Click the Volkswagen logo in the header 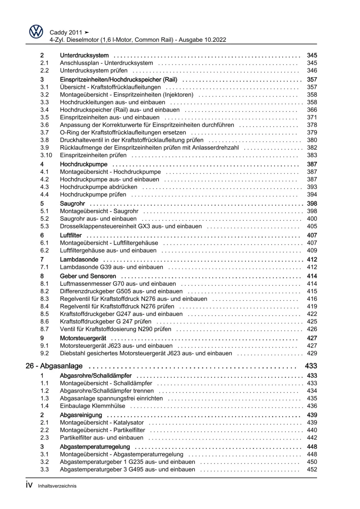(36, 32)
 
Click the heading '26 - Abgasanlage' (54, 366)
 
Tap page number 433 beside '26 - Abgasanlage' (311, 366)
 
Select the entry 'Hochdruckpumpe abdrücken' (98, 187)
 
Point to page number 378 (312, 125)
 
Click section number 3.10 (46, 155)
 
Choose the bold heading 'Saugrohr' (72, 204)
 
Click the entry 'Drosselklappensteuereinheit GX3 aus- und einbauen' (130, 226)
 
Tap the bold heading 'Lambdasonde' (79, 259)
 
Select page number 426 (312, 329)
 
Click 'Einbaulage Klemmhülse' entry (92, 406)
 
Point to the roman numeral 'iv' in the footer (29, 485)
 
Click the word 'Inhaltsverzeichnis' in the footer (57, 486)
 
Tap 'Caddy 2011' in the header (66, 32)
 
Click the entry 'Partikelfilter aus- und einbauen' (101, 438)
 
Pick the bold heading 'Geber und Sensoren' (88, 276)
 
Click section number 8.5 (44, 314)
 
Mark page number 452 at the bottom (312, 469)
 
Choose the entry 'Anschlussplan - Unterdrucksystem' (106, 63)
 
